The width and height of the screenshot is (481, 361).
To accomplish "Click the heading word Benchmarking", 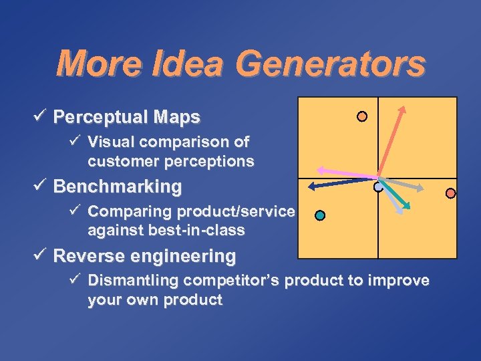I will (117, 187).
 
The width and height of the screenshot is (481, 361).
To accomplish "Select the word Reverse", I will (89, 256).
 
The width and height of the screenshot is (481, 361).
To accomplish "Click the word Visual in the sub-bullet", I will (111, 142).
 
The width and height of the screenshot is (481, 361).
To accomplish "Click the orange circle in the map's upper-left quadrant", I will (361, 116).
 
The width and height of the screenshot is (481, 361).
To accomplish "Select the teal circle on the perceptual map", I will (320, 215).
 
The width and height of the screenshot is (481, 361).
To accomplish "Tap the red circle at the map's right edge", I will (450, 193).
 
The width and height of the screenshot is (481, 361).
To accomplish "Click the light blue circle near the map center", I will (378, 188).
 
